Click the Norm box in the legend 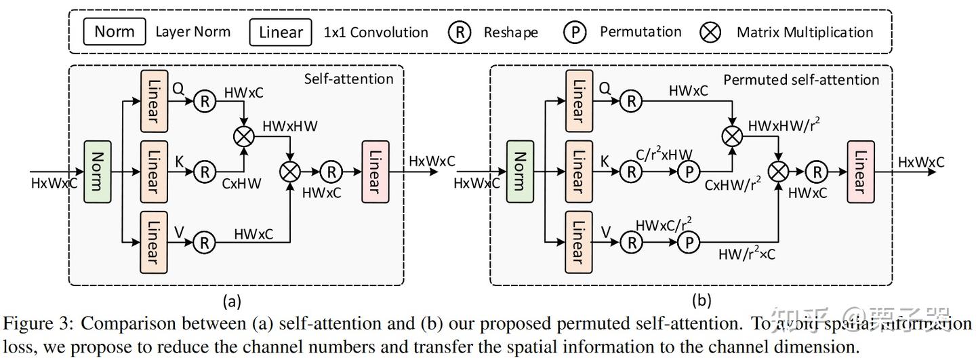[114, 31]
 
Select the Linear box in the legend [280, 32]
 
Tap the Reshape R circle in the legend [460, 32]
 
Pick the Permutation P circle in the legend [575, 32]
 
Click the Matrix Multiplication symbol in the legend [710, 32]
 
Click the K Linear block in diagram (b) [578, 172]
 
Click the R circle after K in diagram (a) [204, 172]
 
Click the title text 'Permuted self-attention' [801, 79]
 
